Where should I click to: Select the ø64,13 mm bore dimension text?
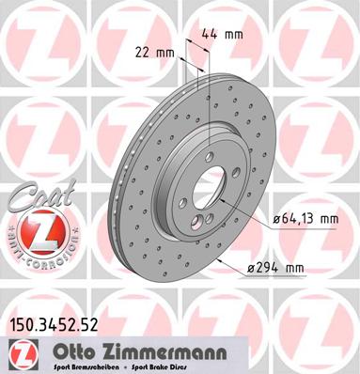[x=302, y=219]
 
